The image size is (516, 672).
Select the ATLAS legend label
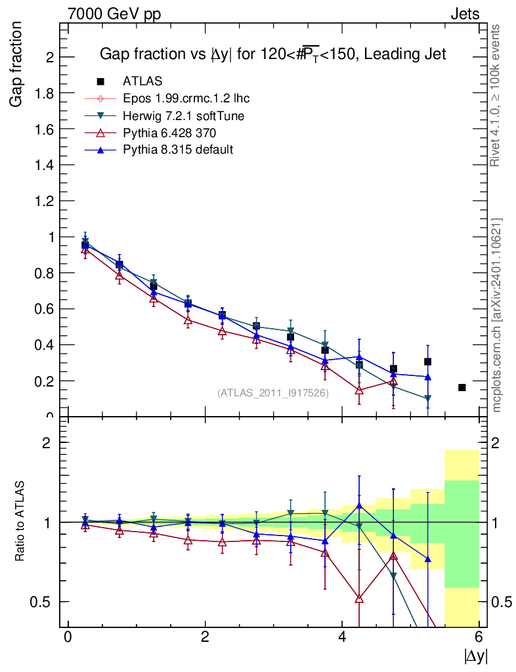coord(142,81)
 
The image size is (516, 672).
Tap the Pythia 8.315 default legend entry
coord(178,150)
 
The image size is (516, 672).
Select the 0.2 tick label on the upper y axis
coord(43,381)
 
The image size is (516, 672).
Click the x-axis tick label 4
coord(342,637)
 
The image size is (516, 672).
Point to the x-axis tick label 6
coord(479,637)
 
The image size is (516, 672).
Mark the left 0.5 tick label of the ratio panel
coord(43,602)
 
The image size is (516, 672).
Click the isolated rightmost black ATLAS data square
coord(462,388)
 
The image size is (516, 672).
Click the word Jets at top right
coord(464,14)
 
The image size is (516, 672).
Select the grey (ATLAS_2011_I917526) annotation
coord(273,392)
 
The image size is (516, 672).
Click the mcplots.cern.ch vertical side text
coord(497,315)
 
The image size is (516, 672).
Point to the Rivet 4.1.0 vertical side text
coord(497,96)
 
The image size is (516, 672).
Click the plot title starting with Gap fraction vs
coord(272,54)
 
